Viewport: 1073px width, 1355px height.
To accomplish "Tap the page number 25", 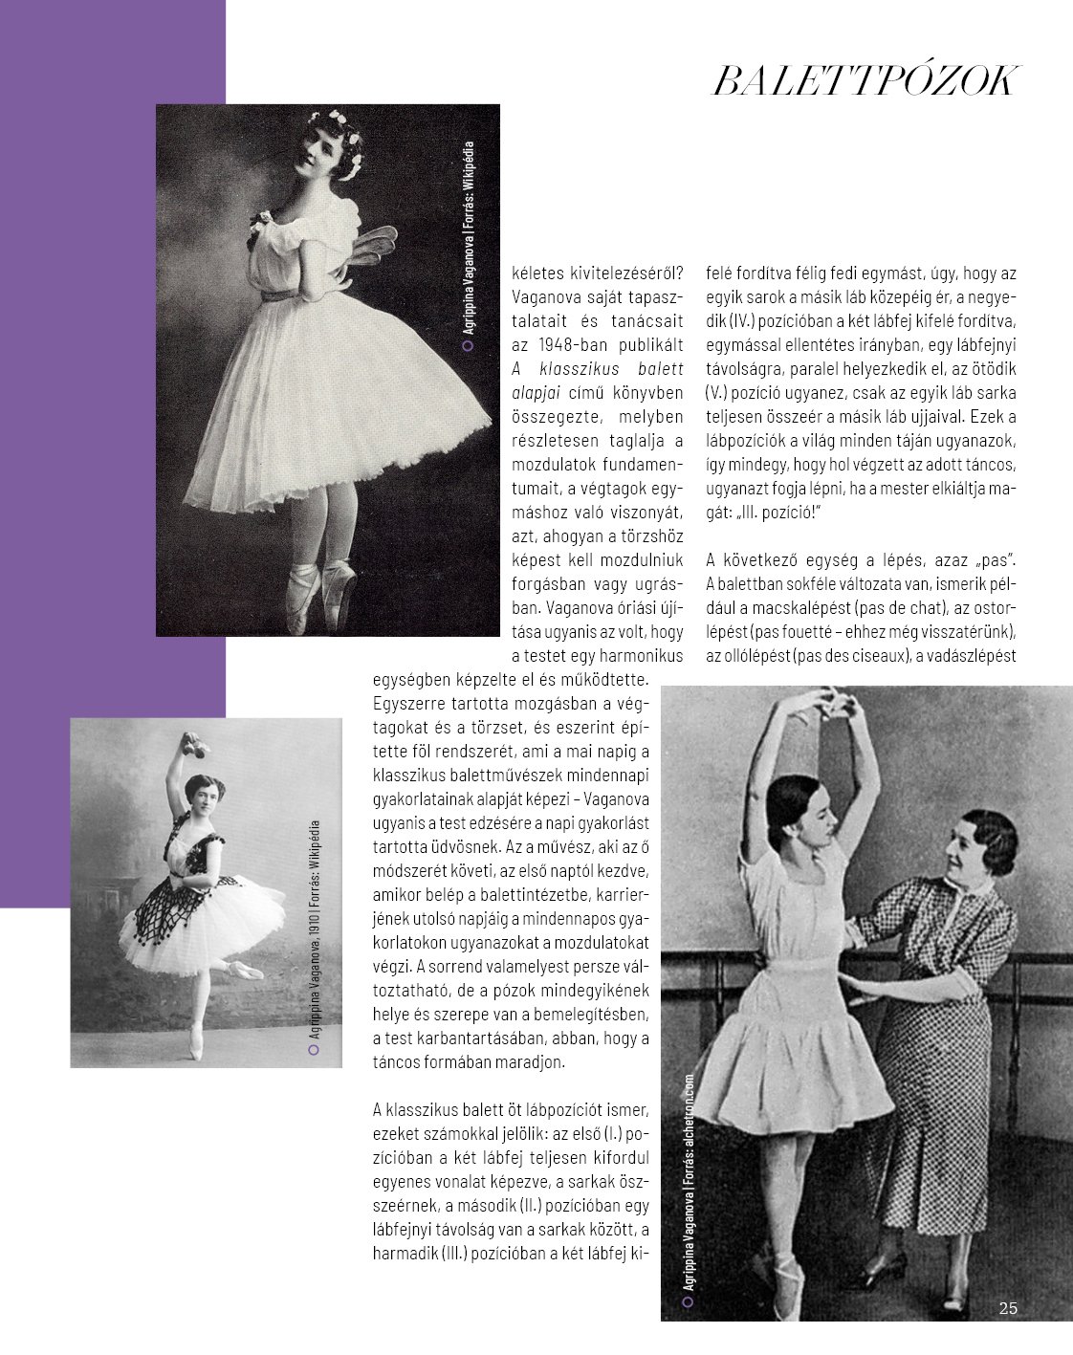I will click(x=1007, y=1309).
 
